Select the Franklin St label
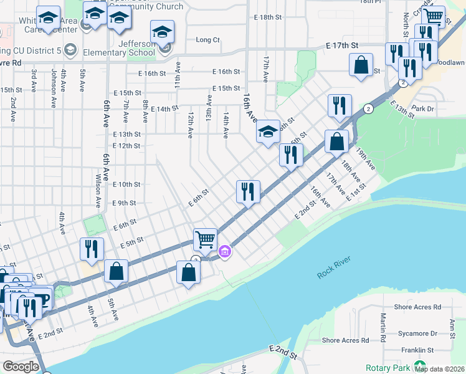[417, 350]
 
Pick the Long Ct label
[208, 40]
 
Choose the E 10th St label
[127, 185]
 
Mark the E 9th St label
[124, 203]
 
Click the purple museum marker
[225, 252]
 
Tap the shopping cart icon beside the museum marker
[205, 238]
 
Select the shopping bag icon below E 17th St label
[361, 65]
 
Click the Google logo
[21, 367]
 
